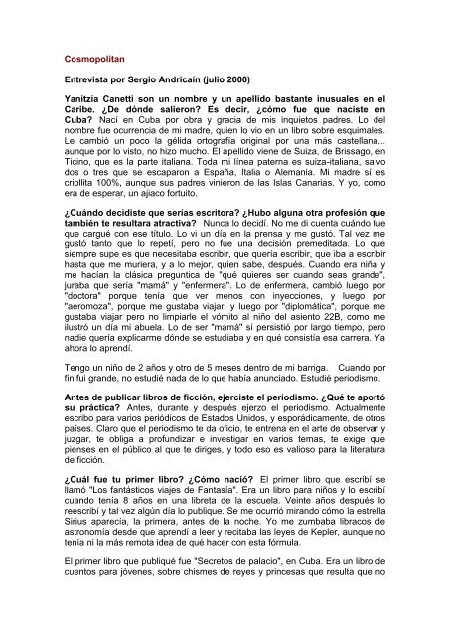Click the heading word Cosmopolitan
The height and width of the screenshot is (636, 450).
coord(95,58)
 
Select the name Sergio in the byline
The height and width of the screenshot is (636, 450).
coord(178,88)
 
